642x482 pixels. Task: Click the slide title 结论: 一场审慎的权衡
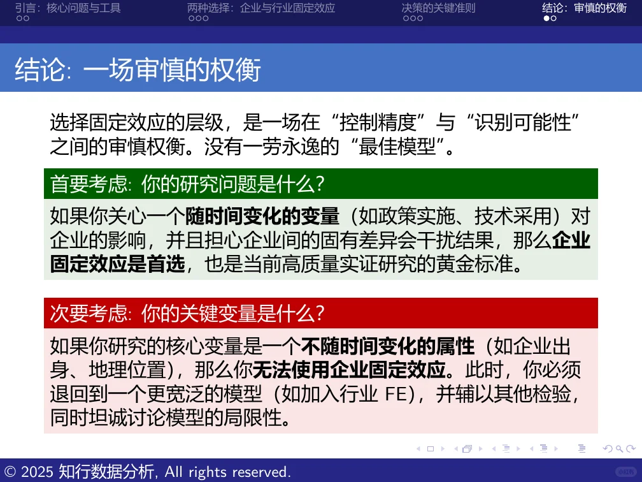(x=138, y=69)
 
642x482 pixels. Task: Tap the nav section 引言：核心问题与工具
(x=68, y=8)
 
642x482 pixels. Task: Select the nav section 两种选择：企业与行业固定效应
(x=261, y=8)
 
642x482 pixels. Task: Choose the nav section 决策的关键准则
(x=438, y=8)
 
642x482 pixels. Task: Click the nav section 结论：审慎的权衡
(x=584, y=8)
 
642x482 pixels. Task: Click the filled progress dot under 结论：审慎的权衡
(x=546, y=18)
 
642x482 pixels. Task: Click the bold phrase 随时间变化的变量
(x=262, y=217)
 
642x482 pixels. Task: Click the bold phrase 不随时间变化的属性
(x=388, y=346)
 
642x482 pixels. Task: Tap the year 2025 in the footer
(x=38, y=472)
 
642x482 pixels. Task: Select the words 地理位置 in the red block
(x=118, y=370)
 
